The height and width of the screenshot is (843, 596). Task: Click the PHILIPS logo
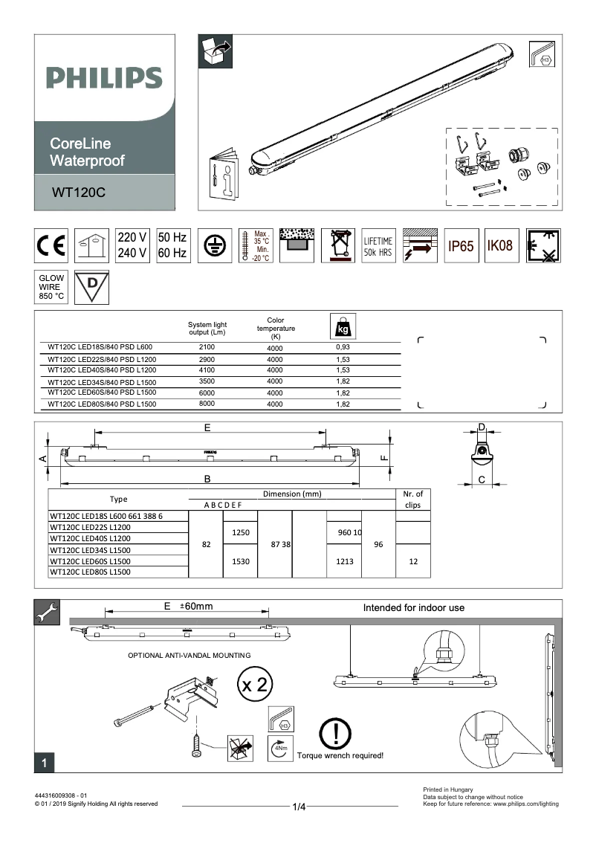click(x=104, y=77)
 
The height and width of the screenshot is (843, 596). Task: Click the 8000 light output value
click(x=207, y=404)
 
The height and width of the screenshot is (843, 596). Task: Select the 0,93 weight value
click(x=343, y=347)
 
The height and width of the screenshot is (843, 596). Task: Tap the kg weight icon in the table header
click(x=343, y=326)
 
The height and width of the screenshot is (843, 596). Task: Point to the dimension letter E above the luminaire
click(x=207, y=427)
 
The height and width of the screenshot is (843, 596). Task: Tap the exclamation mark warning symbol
click(x=336, y=734)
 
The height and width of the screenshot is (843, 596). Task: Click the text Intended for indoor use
click(x=413, y=607)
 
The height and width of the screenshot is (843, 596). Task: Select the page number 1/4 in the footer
click(x=299, y=807)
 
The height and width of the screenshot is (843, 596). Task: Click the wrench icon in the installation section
click(x=45, y=611)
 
